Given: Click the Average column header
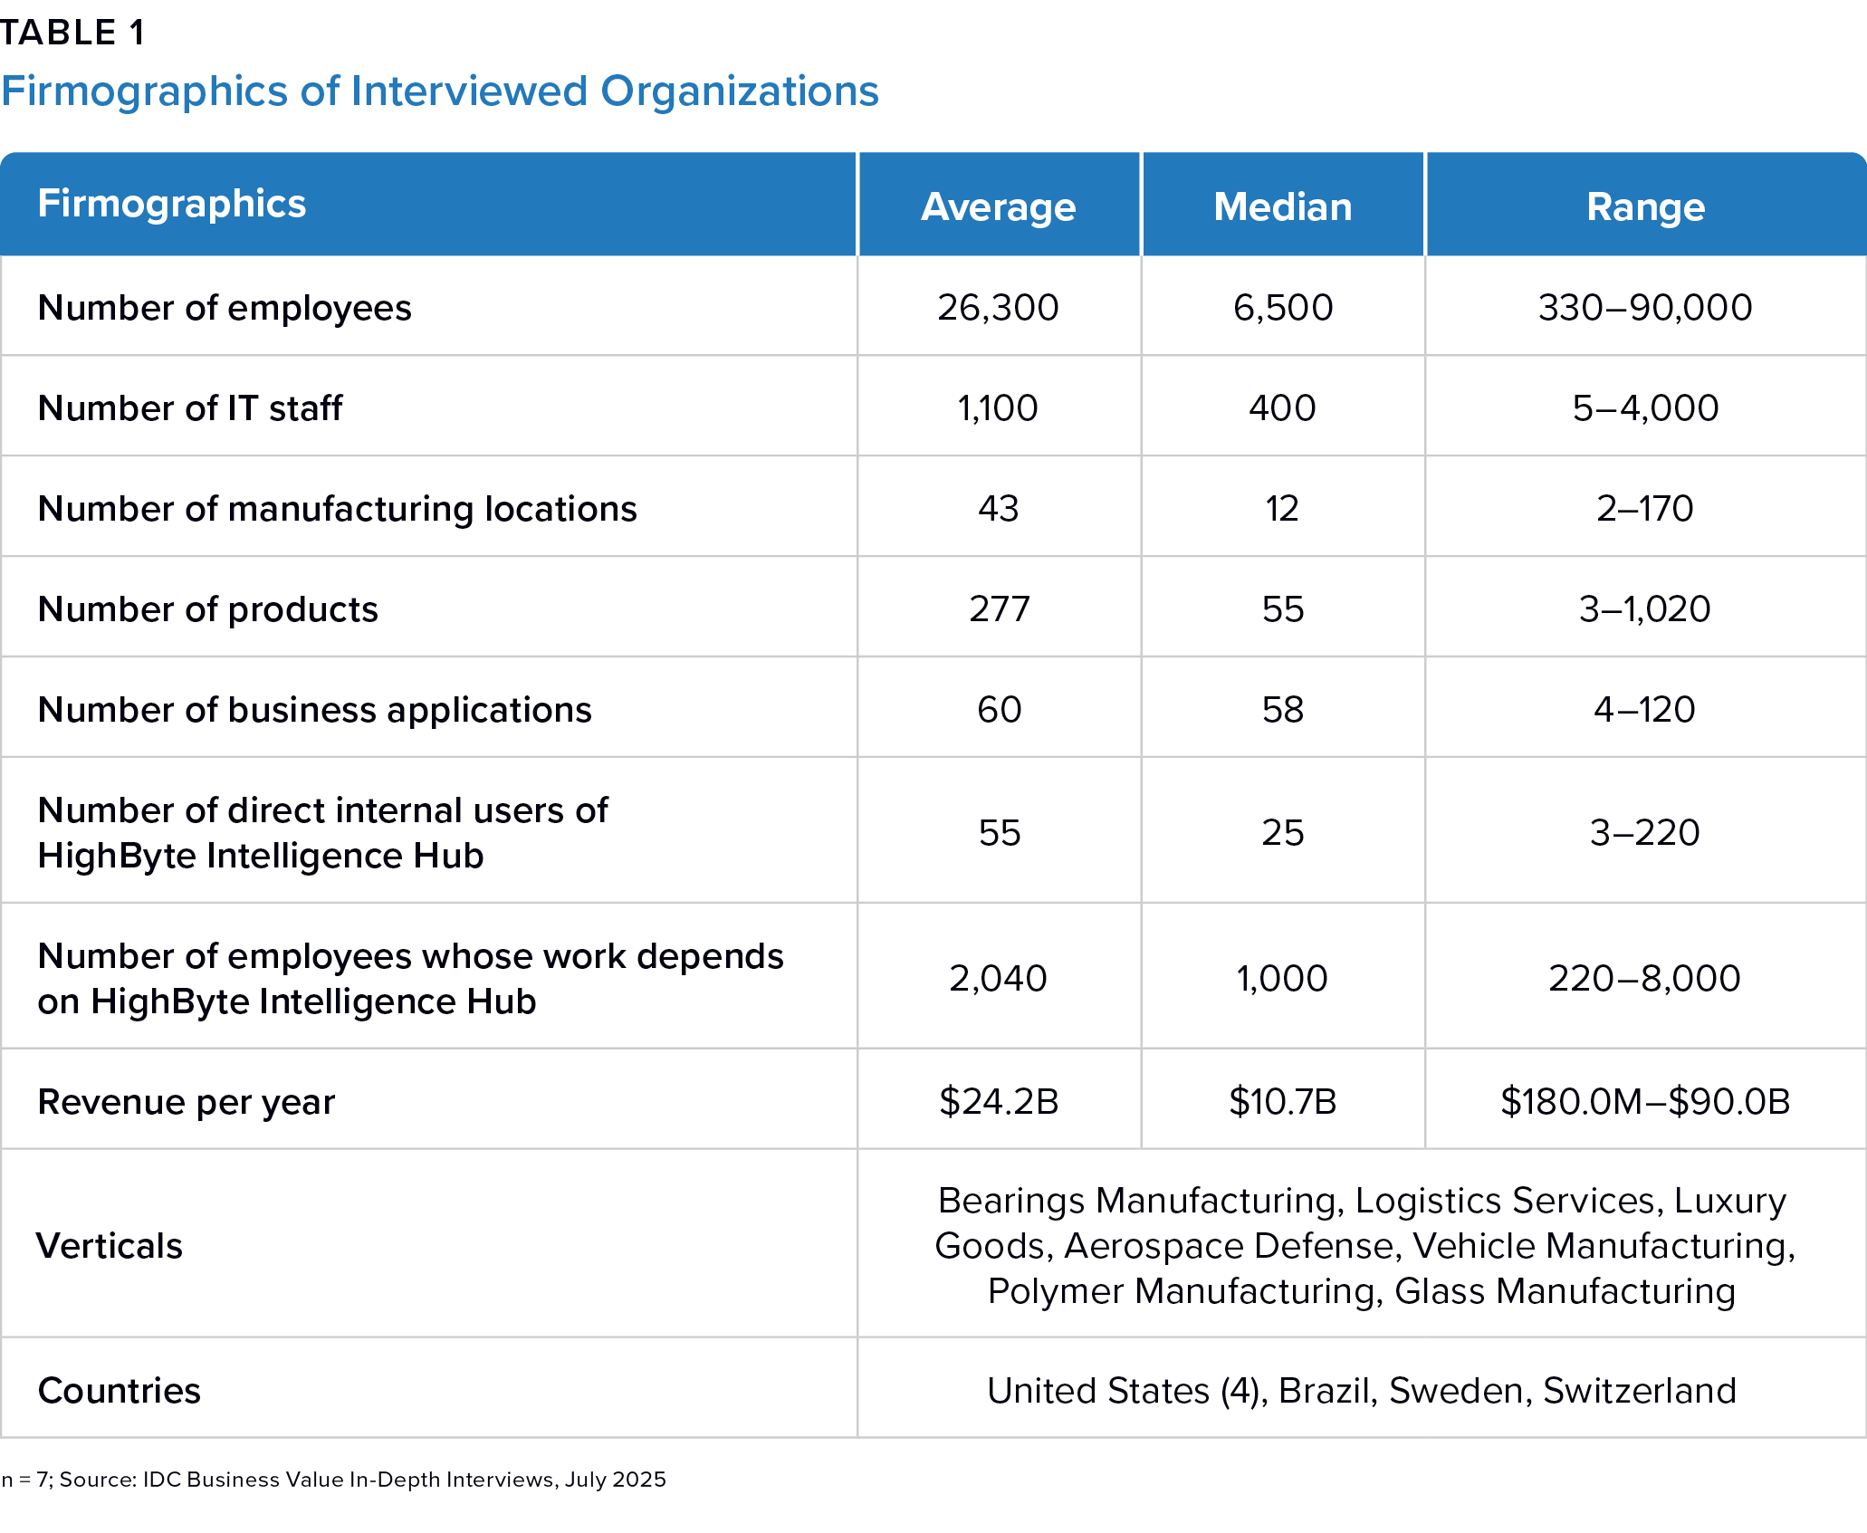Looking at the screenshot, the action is click(x=998, y=207).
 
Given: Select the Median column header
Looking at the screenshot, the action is click(x=1282, y=207).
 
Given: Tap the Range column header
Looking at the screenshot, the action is click(x=1645, y=207).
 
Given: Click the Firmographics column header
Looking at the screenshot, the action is click(x=172, y=204).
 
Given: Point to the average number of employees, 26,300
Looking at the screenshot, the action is click(x=998, y=308).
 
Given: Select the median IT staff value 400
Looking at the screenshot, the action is click(x=1282, y=408).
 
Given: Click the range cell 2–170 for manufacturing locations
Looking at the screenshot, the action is click(x=1645, y=509).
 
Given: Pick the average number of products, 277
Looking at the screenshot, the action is click(x=999, y=609).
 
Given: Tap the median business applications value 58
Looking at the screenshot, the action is click(x=1282, y=710).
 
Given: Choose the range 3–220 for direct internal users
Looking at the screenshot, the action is click(x=1645, y=833).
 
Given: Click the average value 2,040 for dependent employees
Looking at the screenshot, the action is click(x=998, y=979).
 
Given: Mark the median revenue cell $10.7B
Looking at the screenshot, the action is click(x=1282, y=1102).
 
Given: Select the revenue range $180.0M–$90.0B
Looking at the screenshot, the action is click(x=1645, y=1102).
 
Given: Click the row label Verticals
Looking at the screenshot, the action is click(x=110, y=1246).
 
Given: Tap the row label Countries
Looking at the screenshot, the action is click(x=120, y=1391).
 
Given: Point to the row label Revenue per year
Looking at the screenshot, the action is click(x=187, y=1102).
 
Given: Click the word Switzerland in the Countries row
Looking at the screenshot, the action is click(x=1640, y=1391).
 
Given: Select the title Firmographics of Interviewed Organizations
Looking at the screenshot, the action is click(x=440, y=91).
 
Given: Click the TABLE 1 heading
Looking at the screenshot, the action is click(x=72, y=33).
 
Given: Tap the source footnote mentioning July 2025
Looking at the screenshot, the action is click(x=333, y=1480).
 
